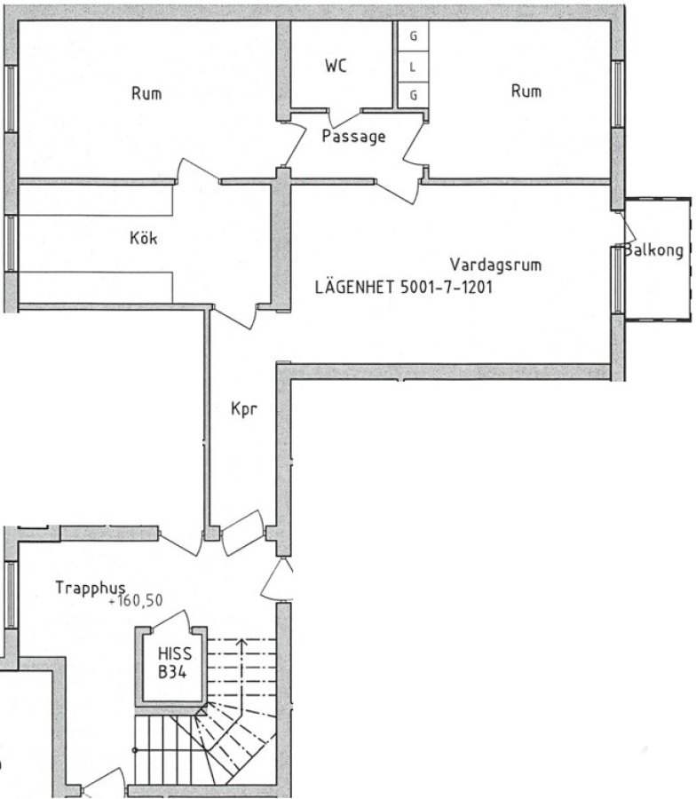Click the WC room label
click(336, 66)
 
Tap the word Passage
click(353, 137)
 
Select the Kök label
click(144, 237)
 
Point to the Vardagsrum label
click(495, 265)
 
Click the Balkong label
click(653, 250)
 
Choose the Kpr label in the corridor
click(244, 408)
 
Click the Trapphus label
click(91, 588)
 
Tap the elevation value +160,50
click(136, 601)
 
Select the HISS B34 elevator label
click(175, 662)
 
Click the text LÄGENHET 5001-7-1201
click(404, 288)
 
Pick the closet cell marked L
click(413, 67)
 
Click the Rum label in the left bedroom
click(146, 94)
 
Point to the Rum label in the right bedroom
click(526, 91)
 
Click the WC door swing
click(344, 119)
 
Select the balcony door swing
click(627, 227)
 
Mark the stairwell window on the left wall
click(11, 594)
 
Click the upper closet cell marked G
click(413, 36)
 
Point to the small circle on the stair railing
click(135, 750)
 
